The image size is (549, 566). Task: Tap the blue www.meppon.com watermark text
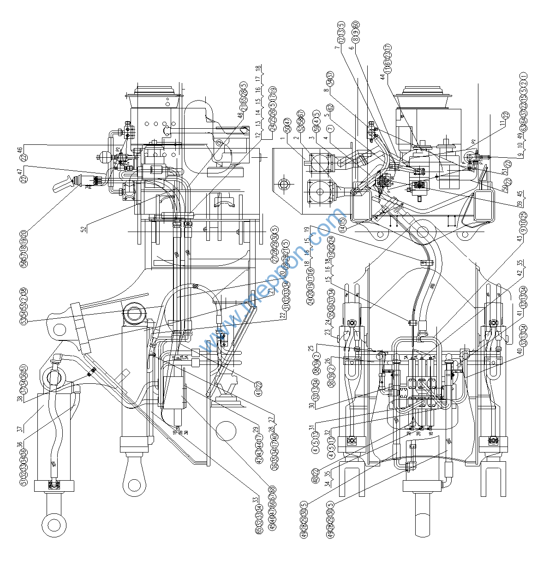pyautogui.click(x=272, y=281)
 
